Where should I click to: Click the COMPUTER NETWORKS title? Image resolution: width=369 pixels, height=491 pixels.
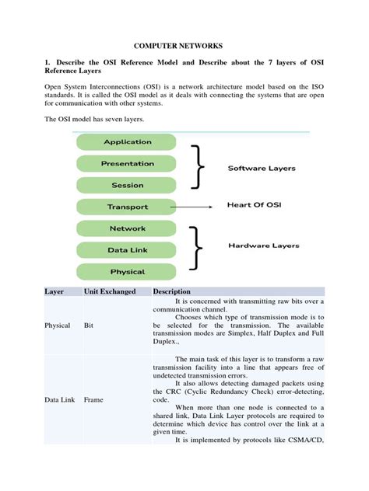[184, 47]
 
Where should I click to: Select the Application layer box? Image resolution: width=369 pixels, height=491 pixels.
[127, 142]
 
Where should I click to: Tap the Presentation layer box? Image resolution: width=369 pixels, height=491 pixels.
[127, 164]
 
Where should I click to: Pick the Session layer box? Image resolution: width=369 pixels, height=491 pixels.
[127, 186]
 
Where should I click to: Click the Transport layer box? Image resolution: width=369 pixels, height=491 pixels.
[127, 207]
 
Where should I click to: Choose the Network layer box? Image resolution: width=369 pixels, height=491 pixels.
[127, 229]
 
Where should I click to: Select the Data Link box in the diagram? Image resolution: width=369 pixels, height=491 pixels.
[127, 250]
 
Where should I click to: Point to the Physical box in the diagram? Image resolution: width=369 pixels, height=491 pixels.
[127, 272]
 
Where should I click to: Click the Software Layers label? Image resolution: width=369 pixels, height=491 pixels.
[261, 168]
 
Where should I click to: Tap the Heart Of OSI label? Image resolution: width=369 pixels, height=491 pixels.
[253, 206]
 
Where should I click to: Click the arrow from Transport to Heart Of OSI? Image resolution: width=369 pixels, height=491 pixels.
[195, 207]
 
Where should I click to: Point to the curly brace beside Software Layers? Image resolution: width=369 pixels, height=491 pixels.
[202, 165]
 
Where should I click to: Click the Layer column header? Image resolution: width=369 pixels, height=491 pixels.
[54, 292]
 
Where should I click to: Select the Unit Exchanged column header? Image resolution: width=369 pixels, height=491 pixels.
[110, 292]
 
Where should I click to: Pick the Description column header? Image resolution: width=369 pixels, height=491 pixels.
[172, 292]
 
